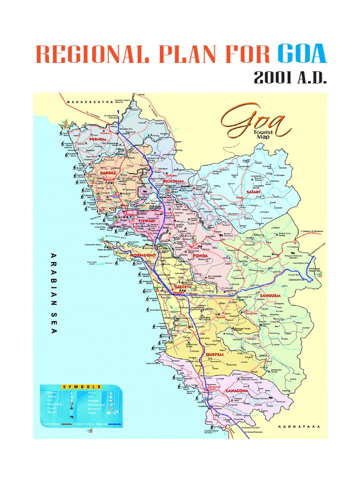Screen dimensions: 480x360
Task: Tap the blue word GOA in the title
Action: (302, 54)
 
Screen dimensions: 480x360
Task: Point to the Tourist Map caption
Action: (277, 136)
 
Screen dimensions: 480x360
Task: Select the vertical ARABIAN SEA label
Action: (52, 293)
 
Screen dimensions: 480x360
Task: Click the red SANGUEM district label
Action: (270, 297)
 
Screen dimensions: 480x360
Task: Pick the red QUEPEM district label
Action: (214, 354)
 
